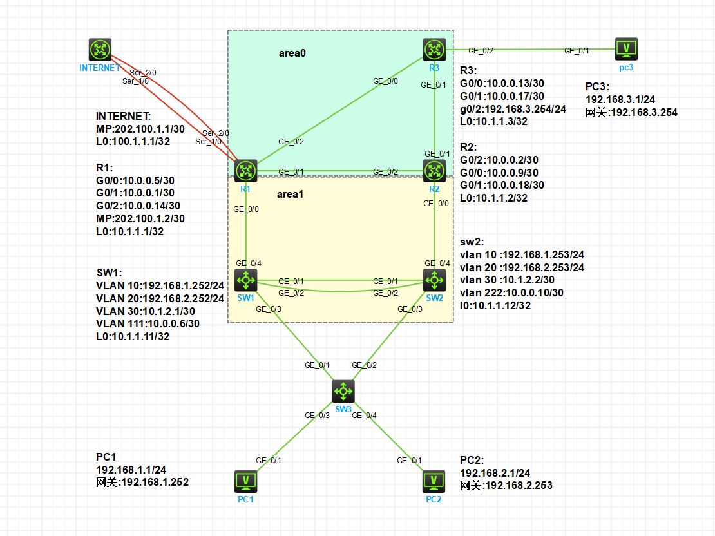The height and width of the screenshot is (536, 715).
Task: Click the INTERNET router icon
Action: (100, 50)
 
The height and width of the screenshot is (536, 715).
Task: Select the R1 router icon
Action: (245, 170)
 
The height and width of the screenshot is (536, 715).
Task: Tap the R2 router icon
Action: (435, 170)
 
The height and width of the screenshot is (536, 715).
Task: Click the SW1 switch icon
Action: (245, 280)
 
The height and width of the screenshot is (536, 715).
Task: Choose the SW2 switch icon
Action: (435, 280)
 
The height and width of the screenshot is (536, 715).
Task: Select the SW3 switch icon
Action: (343, 390)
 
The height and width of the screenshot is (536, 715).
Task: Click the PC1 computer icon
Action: (245, 481)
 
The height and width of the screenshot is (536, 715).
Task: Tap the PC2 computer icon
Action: (434, 481)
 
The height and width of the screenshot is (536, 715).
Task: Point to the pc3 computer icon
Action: (625, 48)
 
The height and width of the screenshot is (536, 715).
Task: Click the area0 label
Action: (292, 53)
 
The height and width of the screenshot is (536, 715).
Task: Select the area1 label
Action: (290, 194)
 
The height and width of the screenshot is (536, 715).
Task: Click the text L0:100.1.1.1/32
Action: (133, 141)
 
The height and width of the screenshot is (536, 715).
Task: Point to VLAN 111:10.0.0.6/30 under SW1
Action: (148, 323)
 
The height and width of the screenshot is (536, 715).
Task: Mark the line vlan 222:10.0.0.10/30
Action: (511, 292)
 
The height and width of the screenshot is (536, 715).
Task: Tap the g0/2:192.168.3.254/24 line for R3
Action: (513, 109)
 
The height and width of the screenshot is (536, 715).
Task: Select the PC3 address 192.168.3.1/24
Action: (620, 100)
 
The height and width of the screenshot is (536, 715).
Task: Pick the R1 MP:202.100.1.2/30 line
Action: (140, 218)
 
